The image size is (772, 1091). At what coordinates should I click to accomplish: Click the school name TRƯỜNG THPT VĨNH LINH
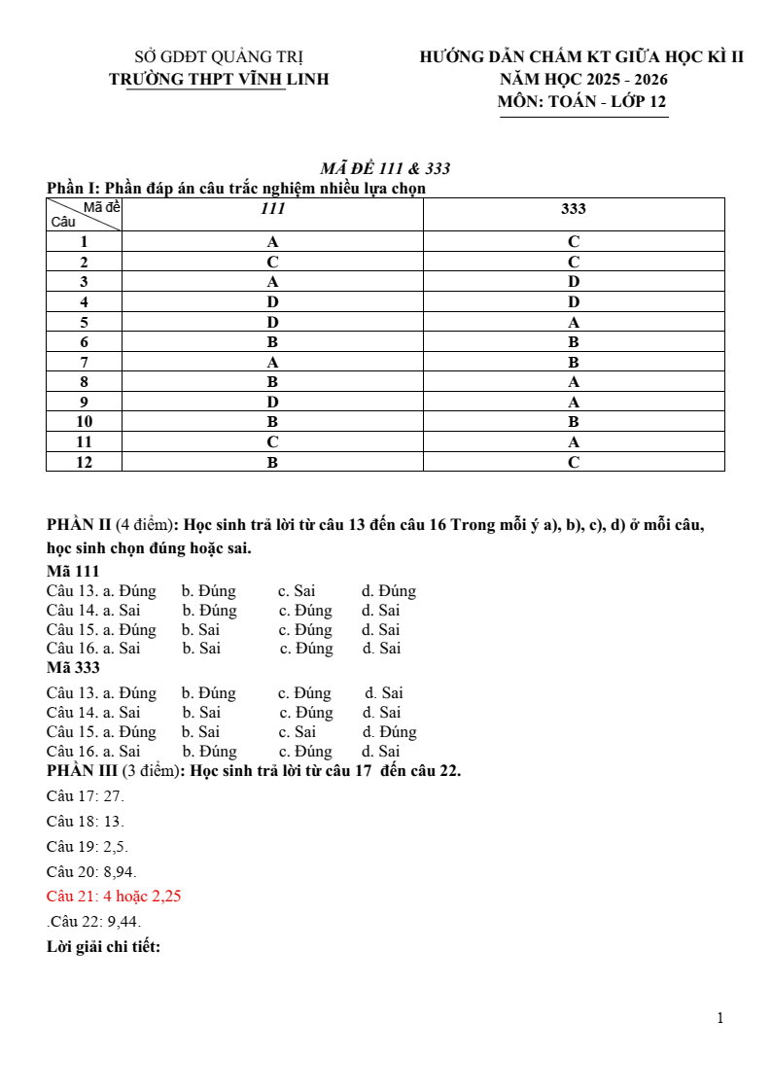tap(219, 79)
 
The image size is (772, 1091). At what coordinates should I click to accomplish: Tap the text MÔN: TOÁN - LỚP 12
tap(582, 101)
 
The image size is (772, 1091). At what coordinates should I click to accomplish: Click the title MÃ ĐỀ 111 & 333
tap(385, 168)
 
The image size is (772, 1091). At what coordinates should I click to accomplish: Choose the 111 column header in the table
tap(273, 209)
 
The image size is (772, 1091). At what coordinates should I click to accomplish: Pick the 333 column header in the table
tap(574, 209)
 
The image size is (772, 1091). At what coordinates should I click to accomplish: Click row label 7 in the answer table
tap(85, 362)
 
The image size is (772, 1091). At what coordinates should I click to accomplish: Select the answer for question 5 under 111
tap(273, 322)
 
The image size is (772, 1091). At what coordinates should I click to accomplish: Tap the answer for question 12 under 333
tap(574, 463)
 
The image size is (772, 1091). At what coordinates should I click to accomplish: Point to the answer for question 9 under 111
tap(273, 402)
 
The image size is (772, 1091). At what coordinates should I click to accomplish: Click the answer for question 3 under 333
tap(574, 282)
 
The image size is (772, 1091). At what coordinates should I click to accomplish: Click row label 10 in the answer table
tap(85, 422)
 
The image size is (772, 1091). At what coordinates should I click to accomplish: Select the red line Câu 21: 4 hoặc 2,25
tap(114, 897)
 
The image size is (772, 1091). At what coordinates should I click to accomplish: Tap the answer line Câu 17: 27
tap(86, 795)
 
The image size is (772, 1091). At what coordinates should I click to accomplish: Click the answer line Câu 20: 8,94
tap(91, 871)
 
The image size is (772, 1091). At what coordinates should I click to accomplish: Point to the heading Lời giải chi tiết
tap(103, 946)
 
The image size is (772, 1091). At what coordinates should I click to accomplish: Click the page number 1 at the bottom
tap(719, 1018)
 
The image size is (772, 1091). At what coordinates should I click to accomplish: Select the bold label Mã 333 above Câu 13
tap(73, 668)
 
